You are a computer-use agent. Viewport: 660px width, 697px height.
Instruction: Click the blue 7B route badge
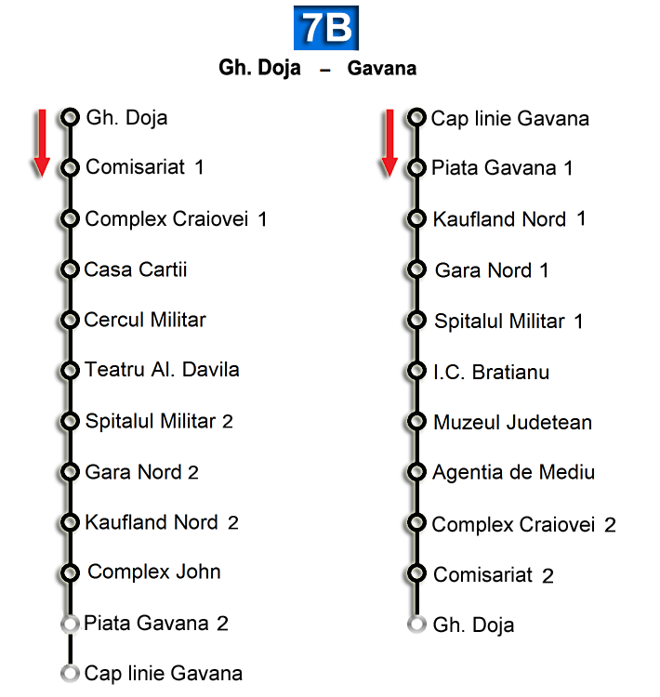coord(326,28)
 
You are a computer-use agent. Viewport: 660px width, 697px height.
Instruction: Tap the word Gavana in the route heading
coord(381,69)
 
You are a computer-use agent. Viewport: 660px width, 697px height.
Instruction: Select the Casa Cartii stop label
coord(136,270)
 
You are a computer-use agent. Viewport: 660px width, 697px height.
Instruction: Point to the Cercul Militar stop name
coord(145,320)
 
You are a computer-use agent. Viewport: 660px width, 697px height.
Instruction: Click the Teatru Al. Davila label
coord(162,370)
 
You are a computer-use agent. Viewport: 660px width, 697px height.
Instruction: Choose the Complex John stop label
coord(154,572)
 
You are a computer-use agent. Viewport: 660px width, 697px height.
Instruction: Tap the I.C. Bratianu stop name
coord(491,372)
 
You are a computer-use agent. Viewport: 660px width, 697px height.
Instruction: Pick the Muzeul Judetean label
coord(512,423)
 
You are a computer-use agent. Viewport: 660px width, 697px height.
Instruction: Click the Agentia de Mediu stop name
coord(513,472)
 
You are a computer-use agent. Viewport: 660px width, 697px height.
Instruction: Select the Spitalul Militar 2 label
coord(159,421)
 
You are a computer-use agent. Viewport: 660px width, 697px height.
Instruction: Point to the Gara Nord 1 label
coord(492,270)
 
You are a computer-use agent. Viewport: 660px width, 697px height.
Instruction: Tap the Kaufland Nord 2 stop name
coord(162,522)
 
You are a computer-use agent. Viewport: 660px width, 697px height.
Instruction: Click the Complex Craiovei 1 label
coord(176,219)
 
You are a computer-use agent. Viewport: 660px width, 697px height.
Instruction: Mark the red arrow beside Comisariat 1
coord(41,142)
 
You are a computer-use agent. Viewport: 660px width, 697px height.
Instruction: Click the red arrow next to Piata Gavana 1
coord(389,142)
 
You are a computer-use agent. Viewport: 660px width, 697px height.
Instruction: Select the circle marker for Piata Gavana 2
coord(69,623)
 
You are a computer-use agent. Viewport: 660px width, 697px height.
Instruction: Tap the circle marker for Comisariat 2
coord(416,573)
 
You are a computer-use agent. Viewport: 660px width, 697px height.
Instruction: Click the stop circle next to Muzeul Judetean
coord(416,422)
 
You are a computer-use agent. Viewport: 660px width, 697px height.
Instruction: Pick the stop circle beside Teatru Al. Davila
coord(70,371)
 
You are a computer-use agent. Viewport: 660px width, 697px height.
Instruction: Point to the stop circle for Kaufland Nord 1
coord(416,219)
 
